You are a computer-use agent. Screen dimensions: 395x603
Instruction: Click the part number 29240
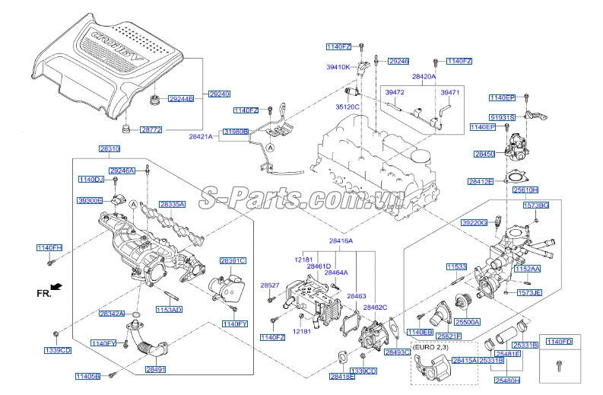pos(220,94)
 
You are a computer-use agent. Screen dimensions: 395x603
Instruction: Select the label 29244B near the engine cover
pos(181,99)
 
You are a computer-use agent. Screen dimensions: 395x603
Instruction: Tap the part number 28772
pos(151,130)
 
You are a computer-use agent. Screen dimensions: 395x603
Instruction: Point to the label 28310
pos(109,148)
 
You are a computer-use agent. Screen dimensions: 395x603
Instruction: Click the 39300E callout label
pos(89,200)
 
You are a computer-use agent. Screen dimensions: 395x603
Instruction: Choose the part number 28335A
pos(172,205)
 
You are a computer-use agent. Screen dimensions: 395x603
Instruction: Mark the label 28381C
pos(233,261)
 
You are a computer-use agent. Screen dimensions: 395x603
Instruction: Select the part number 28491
pos(155,369)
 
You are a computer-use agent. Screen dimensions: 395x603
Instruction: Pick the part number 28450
pos(484,154)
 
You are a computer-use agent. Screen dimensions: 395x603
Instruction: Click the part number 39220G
pos(474,222)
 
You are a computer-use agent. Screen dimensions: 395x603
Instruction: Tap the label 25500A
pos(468,322)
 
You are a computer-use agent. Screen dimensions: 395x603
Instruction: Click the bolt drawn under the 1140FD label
pos(558,365)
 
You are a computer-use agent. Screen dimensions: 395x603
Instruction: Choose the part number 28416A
pos(341,241)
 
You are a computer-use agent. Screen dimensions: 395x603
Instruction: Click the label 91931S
pos(502,117)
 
